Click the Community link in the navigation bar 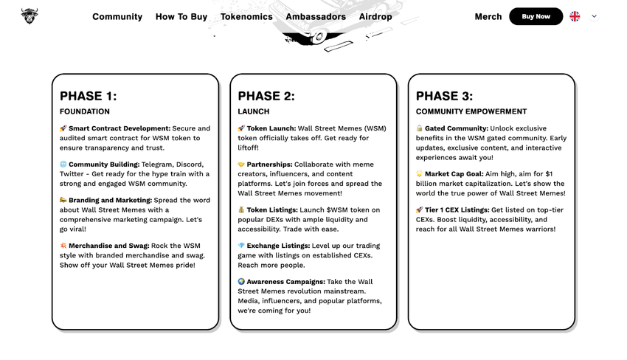pos(117,16)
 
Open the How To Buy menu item pos(181,16)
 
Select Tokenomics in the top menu pos(246,16)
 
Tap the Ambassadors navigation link pos(316,16)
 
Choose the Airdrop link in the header pos(375,16)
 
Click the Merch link pos(488,16)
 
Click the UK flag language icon pos(575,16)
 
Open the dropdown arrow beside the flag pos(595,16)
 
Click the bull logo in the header pos(30,15)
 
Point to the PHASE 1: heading pos(88,96)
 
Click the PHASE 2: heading pos(266,96)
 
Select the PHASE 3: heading pos(444,96)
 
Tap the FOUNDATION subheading pos(85,111)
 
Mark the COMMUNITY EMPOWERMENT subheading pos(471,111)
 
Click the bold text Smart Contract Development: pos(119,128)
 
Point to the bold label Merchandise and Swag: pos(109,246)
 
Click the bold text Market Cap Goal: pos(457,174)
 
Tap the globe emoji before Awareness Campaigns pos(241,282)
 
